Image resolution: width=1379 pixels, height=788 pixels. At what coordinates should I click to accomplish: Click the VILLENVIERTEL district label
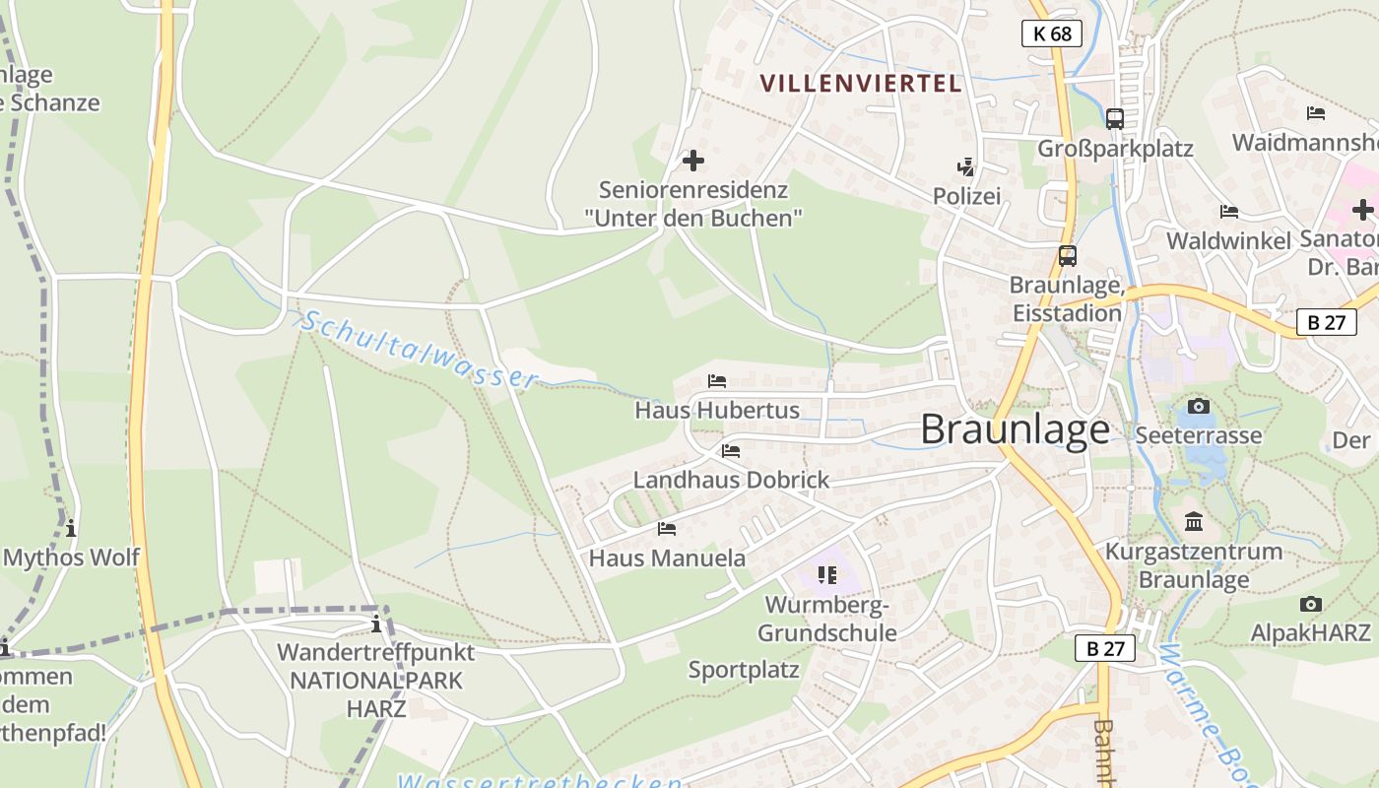click(x=861, y=84)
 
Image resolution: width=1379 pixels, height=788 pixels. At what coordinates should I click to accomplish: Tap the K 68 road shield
click(x=1051, y=33)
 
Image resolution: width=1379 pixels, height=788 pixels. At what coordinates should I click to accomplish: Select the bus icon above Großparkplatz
click(x=1114, y=118)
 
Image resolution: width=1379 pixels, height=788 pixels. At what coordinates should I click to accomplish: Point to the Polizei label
click(x=966, y=196)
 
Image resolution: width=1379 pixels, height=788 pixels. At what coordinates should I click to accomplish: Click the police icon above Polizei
click(x=966, y=166)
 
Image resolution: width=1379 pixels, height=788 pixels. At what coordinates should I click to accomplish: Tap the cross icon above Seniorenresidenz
click(x=693, y=160)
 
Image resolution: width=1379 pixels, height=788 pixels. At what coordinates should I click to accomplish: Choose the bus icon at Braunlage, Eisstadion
click(x=1067, y=256)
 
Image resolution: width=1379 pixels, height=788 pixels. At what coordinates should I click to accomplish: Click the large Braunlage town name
click(x=1015, y=430)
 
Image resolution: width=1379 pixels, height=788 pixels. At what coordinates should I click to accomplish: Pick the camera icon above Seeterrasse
click(x=1198, y=406)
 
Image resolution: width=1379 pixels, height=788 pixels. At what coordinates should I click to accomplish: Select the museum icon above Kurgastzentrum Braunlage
click(x=1194, y=521)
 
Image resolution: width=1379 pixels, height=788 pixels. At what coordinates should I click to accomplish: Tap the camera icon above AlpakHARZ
click(x=1310, y=604)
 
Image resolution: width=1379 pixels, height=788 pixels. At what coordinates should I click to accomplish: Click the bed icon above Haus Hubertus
click(x=717, y=381)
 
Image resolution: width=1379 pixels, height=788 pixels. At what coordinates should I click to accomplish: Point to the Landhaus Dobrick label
click(x=731, y=480)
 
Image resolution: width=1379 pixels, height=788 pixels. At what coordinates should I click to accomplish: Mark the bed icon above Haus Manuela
click(x=667, y=529)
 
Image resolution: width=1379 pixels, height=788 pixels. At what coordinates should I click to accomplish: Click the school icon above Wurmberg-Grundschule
click(x=826, y=574)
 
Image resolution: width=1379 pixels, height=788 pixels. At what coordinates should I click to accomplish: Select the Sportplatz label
click(x=744, y=671)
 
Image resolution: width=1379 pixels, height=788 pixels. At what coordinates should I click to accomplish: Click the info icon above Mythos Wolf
click(x=71, y=528)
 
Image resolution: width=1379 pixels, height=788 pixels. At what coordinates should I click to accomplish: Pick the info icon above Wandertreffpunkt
click(x=375, y=624)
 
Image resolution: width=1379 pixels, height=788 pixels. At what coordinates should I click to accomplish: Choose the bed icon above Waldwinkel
click(x=1228, y=212)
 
